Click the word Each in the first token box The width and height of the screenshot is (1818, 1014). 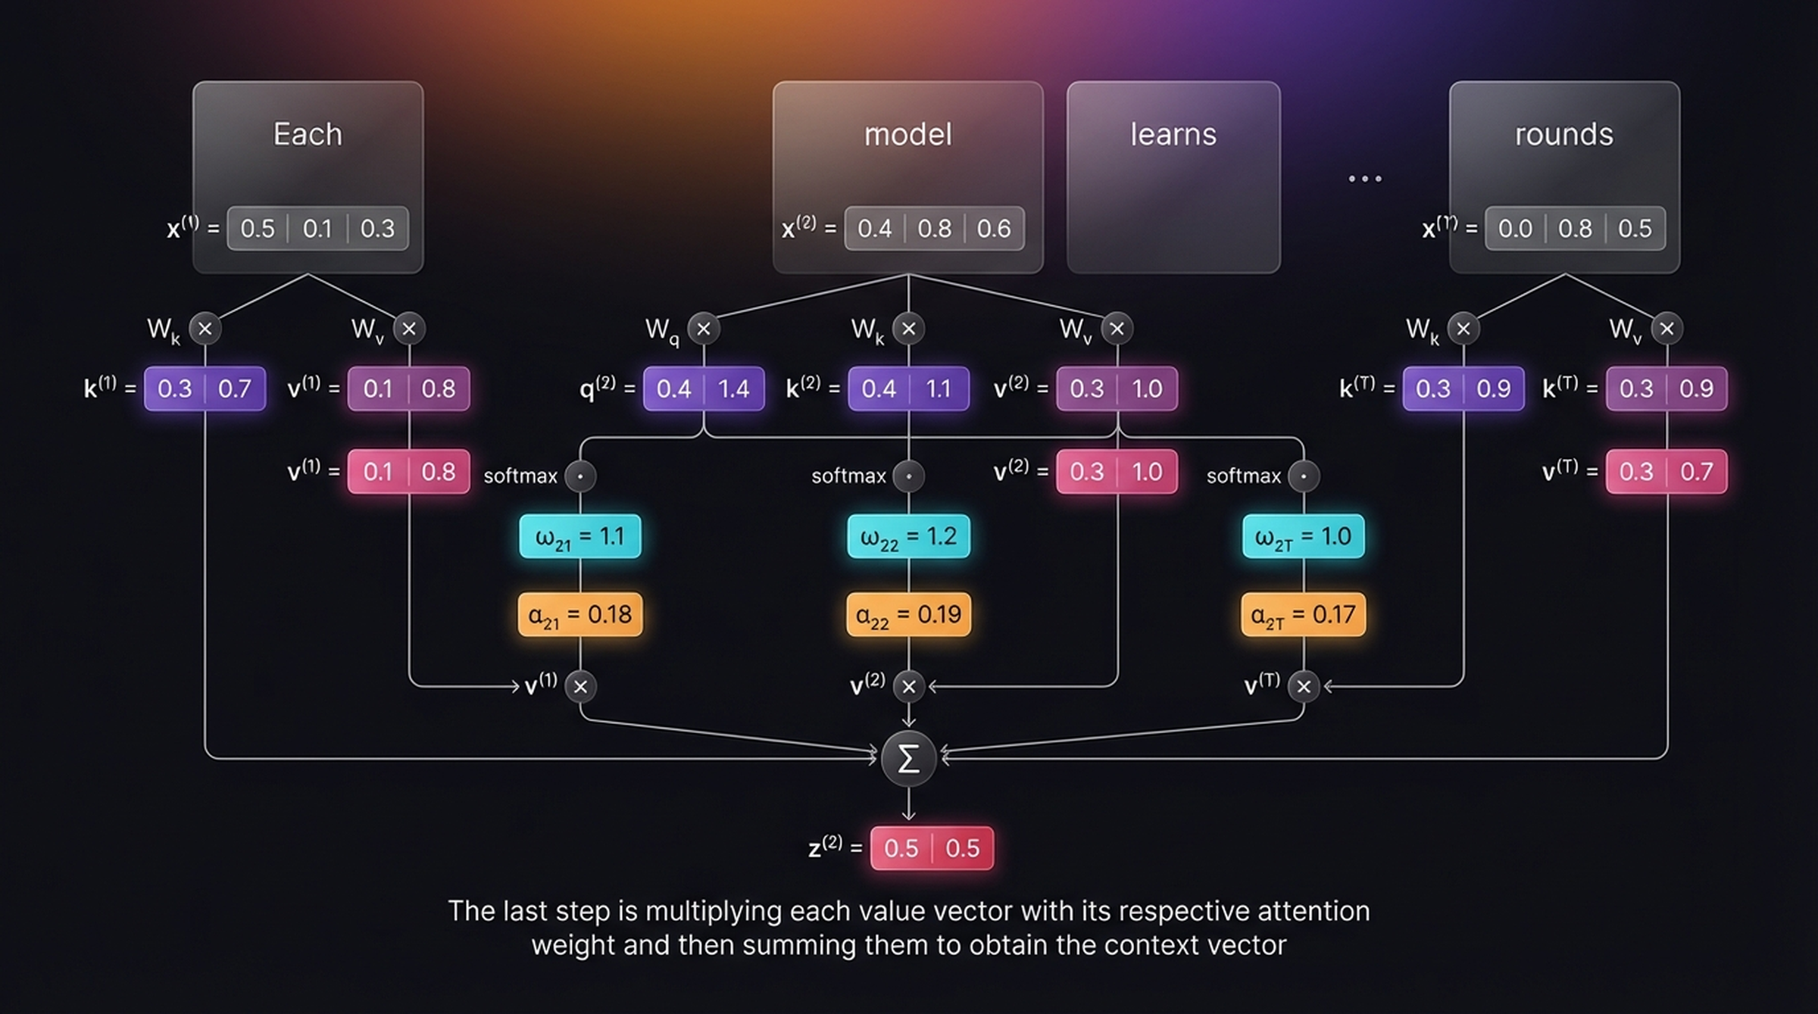[x=308, y=135]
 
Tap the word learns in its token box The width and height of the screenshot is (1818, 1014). [x=1173, y=135]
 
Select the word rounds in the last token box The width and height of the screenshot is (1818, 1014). [x=1563, y=135]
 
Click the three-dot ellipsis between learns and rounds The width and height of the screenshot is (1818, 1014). [x=1365, y=179]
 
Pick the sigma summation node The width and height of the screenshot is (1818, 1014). [x=908, y=758]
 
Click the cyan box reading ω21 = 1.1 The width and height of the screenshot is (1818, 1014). [x=580, y=536]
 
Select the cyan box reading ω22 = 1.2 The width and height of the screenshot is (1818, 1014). [x=908, y=536]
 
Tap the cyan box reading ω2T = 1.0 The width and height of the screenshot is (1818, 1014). [x=1303, y=536]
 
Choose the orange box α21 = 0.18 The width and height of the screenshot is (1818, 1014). [x=580, y=614]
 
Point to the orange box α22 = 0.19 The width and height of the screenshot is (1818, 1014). [x=908, y=614]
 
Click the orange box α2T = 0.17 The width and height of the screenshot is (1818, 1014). [x=1303, y=614]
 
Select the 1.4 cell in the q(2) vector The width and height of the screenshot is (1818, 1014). [x=733, y=389]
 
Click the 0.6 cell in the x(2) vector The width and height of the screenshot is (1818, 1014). [x=993, y=229]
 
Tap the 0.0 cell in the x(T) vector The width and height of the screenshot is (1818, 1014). [x=1515, y=229]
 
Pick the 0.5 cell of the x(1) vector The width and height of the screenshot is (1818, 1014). [x=258, y=229]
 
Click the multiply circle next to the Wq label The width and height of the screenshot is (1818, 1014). [x=704, y=329]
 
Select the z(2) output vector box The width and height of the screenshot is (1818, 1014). [x=932, y=848]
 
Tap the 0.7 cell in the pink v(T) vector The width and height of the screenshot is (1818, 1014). [x=1696, y=472]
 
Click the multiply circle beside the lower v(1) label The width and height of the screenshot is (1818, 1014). [x=580, y=687]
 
